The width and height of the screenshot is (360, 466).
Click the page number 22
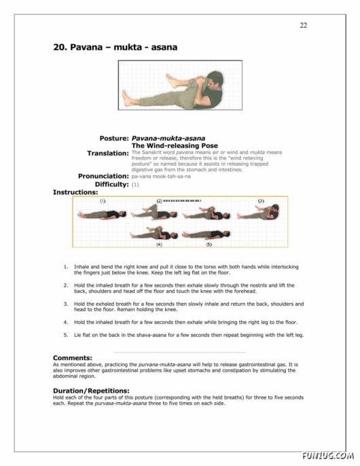point(303,25)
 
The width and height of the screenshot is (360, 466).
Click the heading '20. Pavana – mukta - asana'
point(115,48)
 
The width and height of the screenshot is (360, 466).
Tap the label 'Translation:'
point(107,154)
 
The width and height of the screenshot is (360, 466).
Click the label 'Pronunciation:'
point(103,176)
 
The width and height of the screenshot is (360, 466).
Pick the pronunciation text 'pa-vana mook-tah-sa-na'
point(160,176)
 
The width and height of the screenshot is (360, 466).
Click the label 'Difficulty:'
point(111,184)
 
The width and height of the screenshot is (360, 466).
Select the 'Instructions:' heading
point(75,192)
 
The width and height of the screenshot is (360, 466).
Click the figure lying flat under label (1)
point(101,214)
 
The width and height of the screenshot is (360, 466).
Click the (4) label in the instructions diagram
point(159,243)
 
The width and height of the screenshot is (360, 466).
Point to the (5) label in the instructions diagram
point(209,243)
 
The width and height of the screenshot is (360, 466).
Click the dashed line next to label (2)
point(182,201)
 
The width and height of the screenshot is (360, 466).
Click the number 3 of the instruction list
point(65,304)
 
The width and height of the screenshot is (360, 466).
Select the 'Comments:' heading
point(72,357)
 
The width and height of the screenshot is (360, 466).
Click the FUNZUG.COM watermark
point(330,456)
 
